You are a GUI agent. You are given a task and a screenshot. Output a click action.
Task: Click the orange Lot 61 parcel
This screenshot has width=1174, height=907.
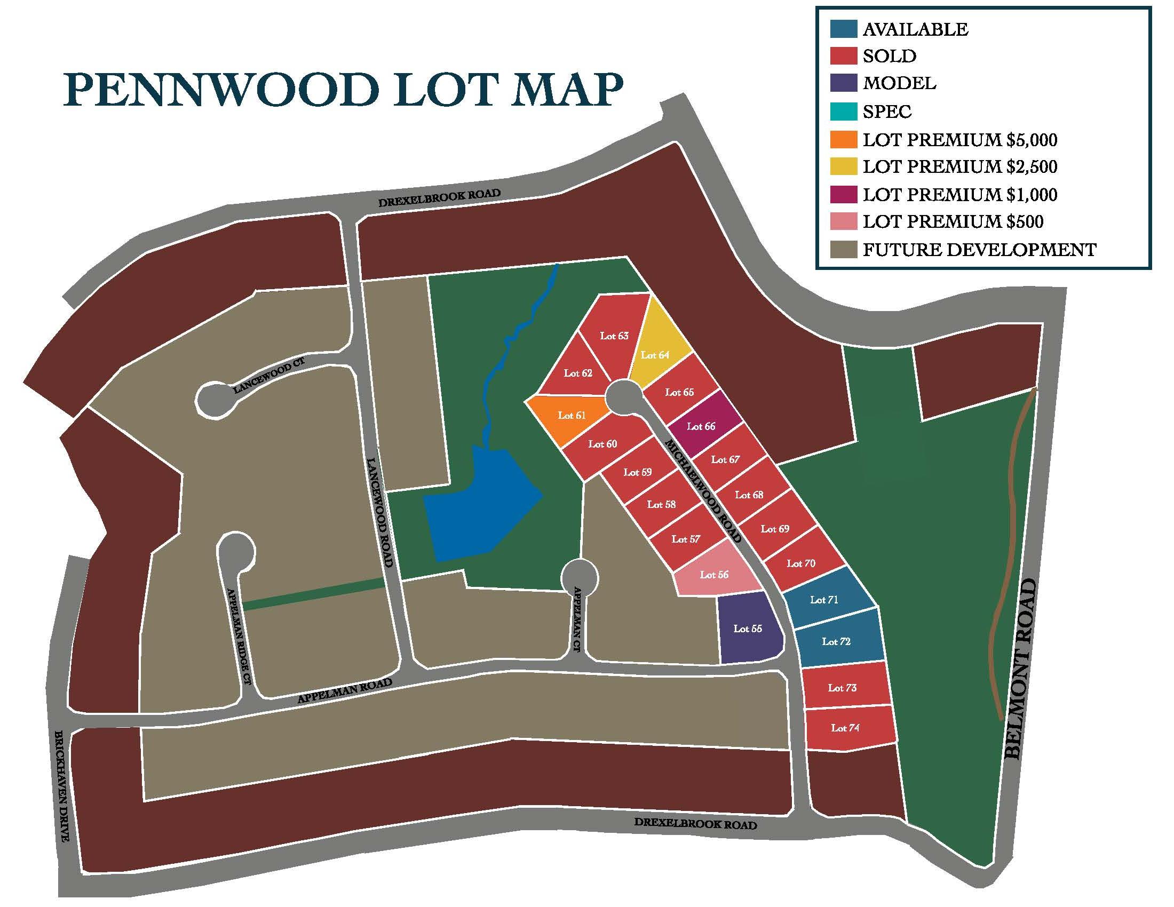[x=570, y=417]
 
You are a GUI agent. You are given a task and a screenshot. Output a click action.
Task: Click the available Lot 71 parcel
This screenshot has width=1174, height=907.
[x=825, y=599]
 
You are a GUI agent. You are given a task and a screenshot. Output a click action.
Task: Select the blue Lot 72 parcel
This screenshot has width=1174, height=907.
[x=837, y=641]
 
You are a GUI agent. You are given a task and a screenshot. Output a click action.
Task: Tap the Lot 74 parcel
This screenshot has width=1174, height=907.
[x=847, y=728]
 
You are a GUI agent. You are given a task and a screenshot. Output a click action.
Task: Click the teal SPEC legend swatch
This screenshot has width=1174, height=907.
[x=843, y=111]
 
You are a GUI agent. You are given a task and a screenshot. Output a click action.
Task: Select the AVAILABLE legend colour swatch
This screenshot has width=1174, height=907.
[x=843, y=29]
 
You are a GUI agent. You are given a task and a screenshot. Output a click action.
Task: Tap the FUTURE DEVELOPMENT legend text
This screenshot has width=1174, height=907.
[x=979, y=250]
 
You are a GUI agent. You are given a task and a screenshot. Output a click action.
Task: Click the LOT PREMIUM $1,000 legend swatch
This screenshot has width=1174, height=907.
[x=843, y=194]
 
